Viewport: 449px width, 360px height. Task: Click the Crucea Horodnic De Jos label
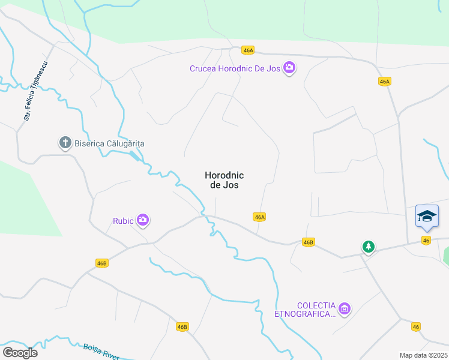[235, 68]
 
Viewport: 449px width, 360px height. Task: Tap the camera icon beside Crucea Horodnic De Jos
[289, 68]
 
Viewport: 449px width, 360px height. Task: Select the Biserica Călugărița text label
[110, 143]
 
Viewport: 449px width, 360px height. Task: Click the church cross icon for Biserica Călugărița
[65, 143]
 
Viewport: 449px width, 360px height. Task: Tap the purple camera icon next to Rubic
[143, 220]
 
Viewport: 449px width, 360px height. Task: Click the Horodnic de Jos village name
[224, 180]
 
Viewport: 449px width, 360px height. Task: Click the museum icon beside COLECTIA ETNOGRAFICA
[345, 309]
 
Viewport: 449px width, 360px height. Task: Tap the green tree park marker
[368, 246]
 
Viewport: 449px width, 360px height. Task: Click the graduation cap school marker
[427, 216]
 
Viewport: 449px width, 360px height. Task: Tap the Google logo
[20, 353]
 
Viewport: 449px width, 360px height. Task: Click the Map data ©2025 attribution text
[423, 355]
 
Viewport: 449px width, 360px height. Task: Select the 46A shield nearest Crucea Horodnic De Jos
[249, 50]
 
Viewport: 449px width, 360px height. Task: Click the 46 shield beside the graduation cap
[426, 240]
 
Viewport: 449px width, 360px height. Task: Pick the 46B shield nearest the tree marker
[308, 242]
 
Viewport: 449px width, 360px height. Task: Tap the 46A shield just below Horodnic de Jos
[259, 217]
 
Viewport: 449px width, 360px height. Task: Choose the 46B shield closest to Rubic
[101, 263]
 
